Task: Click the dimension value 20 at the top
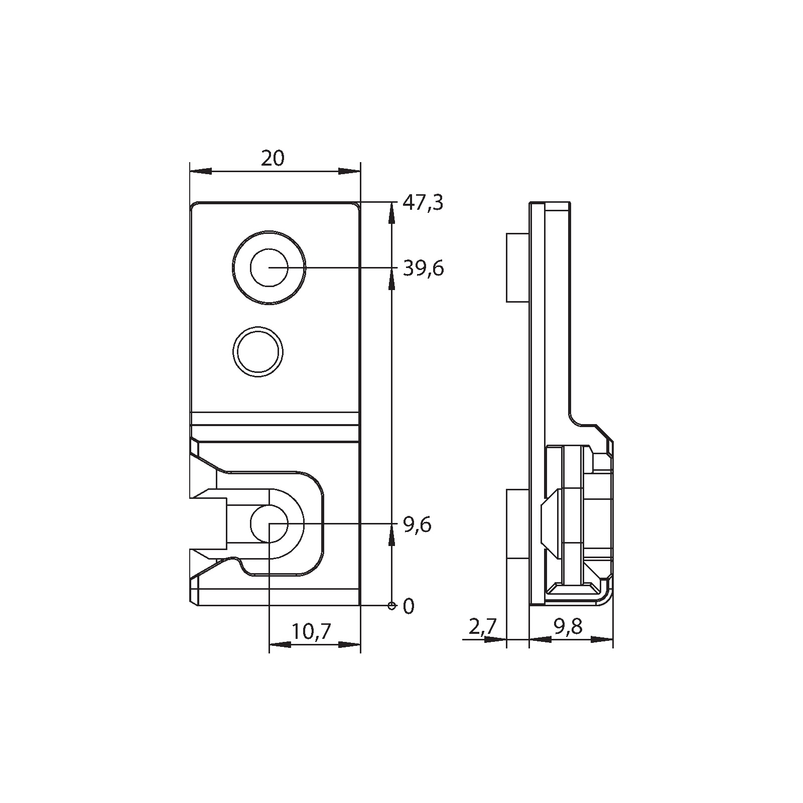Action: [273, 159]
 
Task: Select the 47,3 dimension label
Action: [424, 204]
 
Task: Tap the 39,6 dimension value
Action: [424, 269]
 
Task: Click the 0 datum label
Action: [409, 607]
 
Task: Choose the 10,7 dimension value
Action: [311, 631]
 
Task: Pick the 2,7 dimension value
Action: [482, 627]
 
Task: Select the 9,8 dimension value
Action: [568, 627]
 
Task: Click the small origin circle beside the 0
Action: [391, 606]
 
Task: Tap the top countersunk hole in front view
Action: [269, 267]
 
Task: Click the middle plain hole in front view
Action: [258, 351]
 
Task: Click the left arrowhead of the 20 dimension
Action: [200, 172]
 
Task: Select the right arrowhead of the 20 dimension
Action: [350, 172]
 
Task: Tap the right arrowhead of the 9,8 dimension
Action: [602, 640]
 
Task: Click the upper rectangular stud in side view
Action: [517, 267]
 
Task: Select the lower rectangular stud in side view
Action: [517, 524]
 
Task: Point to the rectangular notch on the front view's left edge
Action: [208, 523]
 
